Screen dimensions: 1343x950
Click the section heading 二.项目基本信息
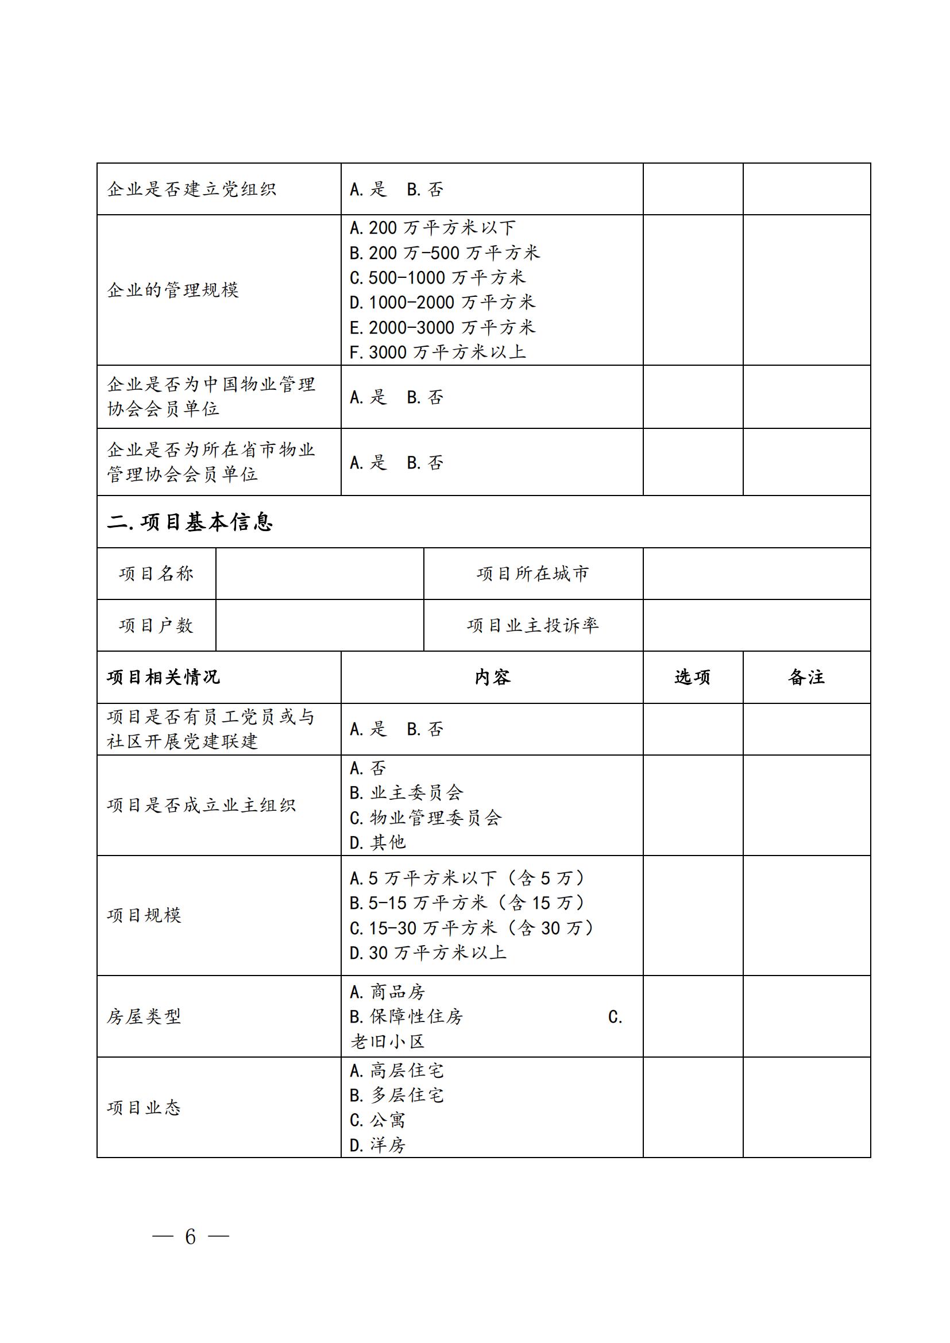190,522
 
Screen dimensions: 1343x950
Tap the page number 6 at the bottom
190,1237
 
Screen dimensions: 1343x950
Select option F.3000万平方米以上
438,352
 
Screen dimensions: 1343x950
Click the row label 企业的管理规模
173,290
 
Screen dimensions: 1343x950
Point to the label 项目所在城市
532,574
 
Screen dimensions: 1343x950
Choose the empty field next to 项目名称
319,574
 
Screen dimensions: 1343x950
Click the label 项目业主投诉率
532,625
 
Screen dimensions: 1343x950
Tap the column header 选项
693,678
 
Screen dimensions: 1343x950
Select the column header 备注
806,678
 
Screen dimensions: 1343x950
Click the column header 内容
492,678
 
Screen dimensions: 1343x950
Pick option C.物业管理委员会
425,818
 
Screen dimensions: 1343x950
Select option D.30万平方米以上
428,953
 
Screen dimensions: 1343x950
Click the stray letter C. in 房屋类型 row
615,1017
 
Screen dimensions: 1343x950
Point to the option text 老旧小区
387,1042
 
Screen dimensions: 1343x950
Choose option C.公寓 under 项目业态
377,1120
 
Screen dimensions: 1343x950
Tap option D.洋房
377,1145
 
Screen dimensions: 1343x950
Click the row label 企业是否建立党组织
191,189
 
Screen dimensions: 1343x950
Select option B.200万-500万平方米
444,253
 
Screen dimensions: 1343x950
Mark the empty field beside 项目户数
319,625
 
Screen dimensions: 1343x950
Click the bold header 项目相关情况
163,678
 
